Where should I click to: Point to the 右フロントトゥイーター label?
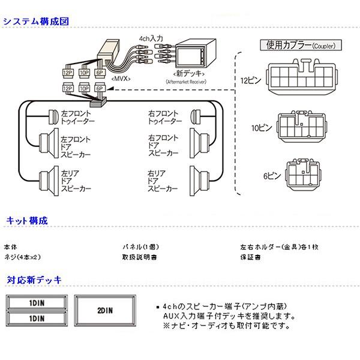tap(165, 117)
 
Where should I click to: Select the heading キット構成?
tap(27, 221)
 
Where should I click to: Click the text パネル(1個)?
tap(140, 247)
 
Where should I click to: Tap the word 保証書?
tap(249, 257)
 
